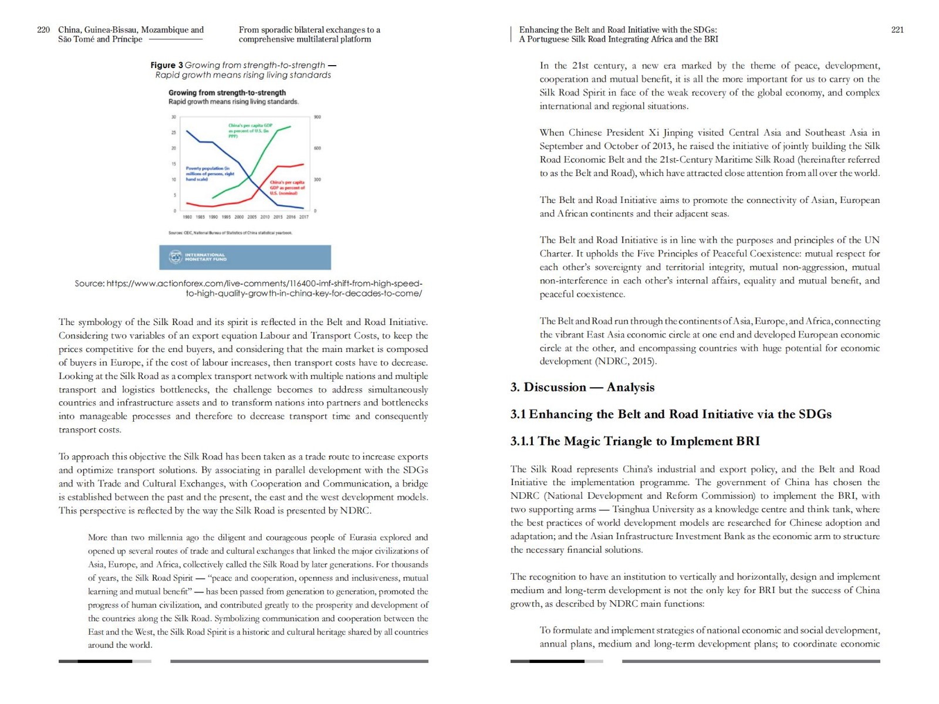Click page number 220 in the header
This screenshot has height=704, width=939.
click(43, 30)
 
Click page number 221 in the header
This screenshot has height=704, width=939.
click(897, 30)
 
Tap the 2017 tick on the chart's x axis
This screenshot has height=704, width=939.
click(304, 217)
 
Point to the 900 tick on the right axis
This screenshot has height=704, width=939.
click(317, 117)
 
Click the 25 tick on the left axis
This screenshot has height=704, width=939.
click(174, 133)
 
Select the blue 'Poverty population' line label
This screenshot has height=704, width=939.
click(210, 173)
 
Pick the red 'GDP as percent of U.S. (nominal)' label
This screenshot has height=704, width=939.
click(287, 187)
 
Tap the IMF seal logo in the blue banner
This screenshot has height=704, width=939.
click(175, 257)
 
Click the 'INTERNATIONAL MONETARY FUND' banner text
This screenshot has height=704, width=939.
click(205, 257)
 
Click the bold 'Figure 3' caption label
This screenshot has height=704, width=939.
click(167, 65)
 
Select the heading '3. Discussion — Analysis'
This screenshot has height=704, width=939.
click(582, 387)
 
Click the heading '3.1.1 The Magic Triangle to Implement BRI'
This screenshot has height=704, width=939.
click(635, 441)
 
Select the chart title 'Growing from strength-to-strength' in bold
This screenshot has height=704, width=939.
click(227, 93)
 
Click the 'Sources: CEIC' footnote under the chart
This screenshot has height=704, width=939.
click(230, 233)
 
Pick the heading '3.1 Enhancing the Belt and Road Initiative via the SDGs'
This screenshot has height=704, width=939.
click(671, 414)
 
